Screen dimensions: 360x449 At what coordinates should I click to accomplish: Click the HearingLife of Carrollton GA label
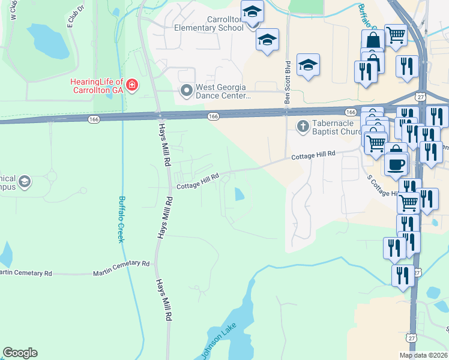(x=96, y=85)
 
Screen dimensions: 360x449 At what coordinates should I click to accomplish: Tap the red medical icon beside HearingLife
(x=131, y=85)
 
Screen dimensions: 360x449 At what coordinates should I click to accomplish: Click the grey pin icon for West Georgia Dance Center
(x=186, y=91)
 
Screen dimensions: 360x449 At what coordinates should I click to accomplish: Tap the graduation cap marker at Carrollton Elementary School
(x=253, y=11)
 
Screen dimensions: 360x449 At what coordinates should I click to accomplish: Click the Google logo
(x=20, y=353)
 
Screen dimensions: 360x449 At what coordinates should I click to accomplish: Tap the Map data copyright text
(x=423, y=356)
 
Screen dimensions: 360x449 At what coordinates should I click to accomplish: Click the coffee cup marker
(x=396, y=164)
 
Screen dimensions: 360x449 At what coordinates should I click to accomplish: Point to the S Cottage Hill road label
(x=382, y=185)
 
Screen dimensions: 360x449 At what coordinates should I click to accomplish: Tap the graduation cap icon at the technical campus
(x=25, y=181)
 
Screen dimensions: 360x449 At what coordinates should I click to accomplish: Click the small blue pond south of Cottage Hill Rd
(x=240, y=194)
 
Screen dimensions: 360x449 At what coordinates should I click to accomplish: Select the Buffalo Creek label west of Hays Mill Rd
(x=122, y=219)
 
